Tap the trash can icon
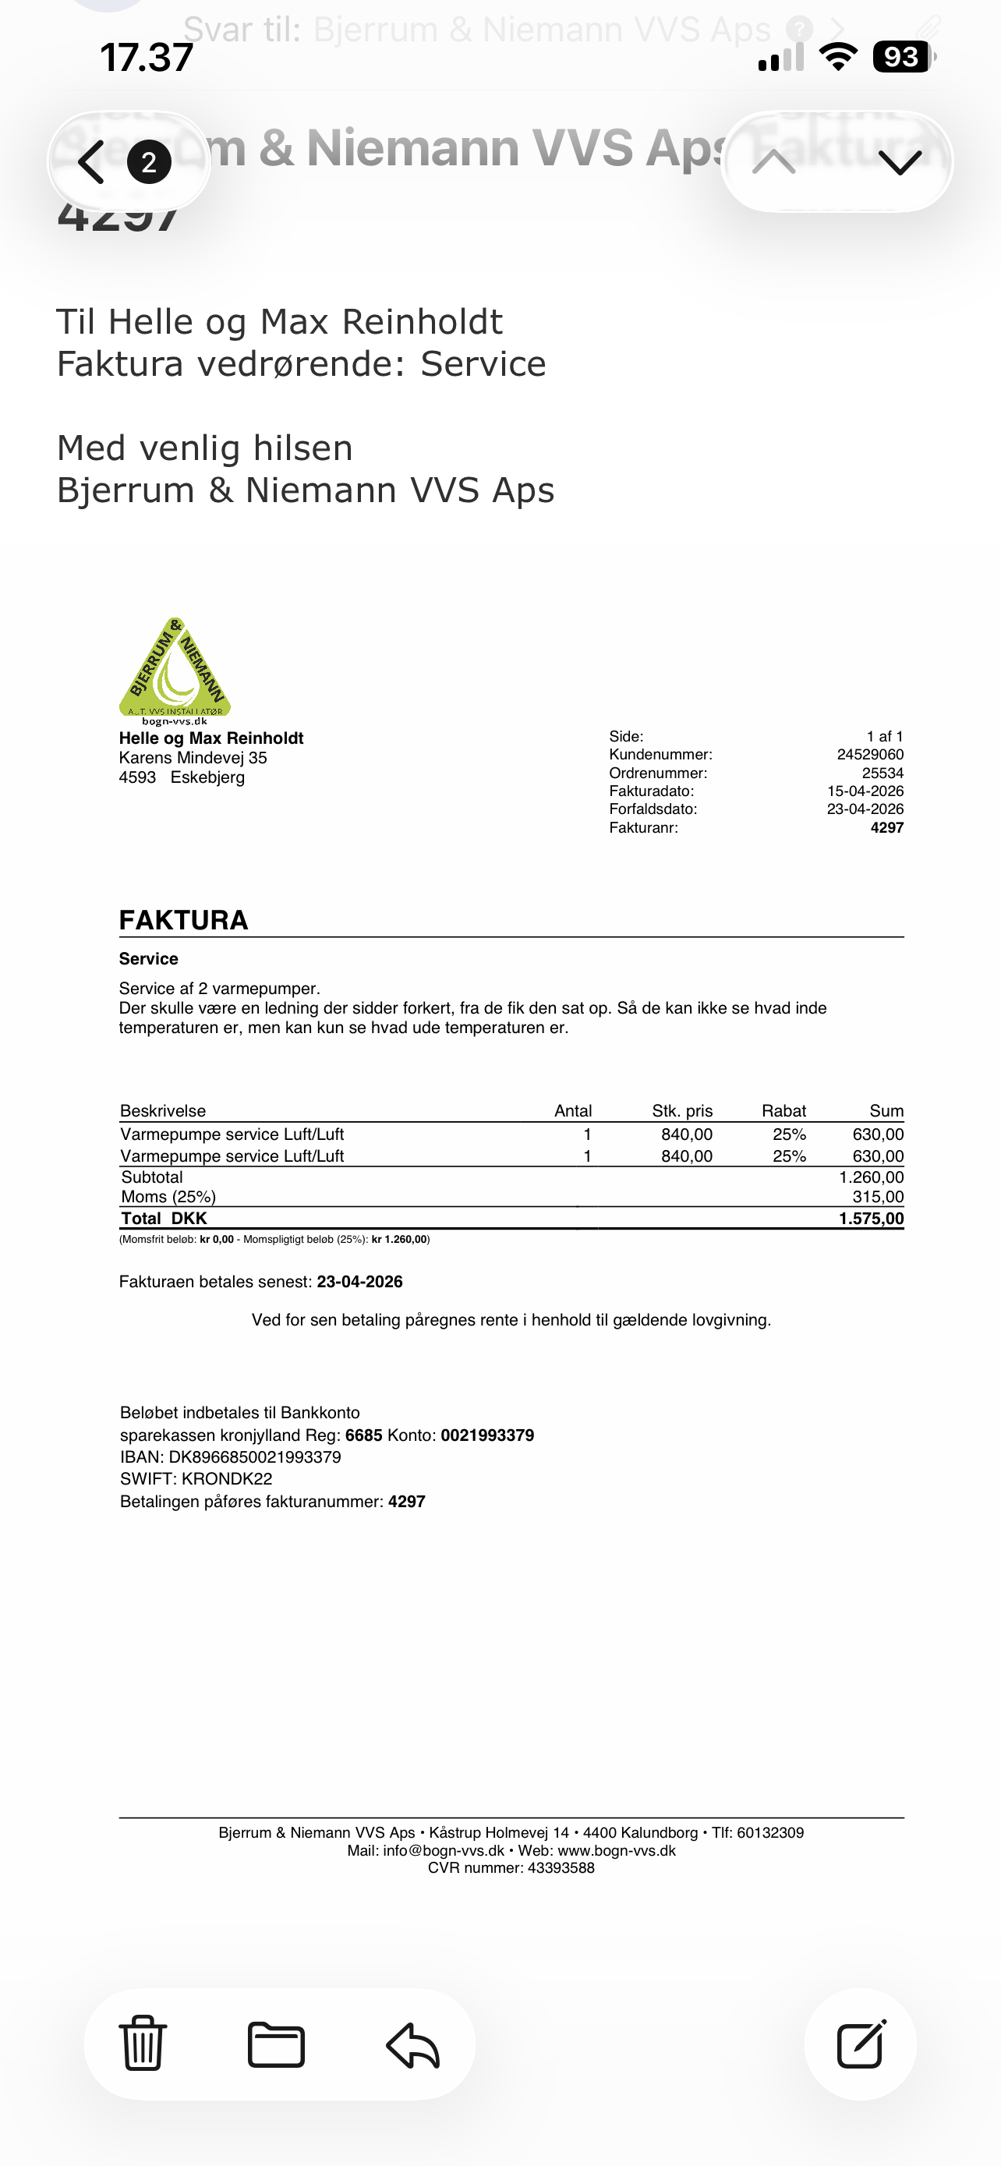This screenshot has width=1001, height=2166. point(143,2044)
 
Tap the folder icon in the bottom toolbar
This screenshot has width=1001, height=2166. point(277,2044)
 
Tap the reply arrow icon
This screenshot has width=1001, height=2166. point(412,2045)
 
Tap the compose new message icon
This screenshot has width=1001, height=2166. point(861,2044)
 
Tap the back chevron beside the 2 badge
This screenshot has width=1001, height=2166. point(90,161)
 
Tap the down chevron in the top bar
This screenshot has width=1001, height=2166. point(900,161)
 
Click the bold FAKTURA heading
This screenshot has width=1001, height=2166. point(183,920)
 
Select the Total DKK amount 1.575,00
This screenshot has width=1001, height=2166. point(871,1219)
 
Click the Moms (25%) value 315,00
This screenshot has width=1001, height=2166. point(878,1197)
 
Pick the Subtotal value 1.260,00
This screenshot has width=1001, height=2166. point(871,1177)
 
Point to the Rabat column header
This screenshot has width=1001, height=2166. point(783,1111)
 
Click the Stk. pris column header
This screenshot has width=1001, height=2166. point(681,1111)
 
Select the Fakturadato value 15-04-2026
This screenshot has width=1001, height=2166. point(865,791)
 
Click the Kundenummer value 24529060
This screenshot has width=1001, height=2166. point(870,754)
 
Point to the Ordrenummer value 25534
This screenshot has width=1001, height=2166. point(883,773)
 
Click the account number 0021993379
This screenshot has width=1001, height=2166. point(487,1435)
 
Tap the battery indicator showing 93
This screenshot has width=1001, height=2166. point(902,57)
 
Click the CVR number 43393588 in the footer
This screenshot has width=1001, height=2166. point(561,1868)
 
